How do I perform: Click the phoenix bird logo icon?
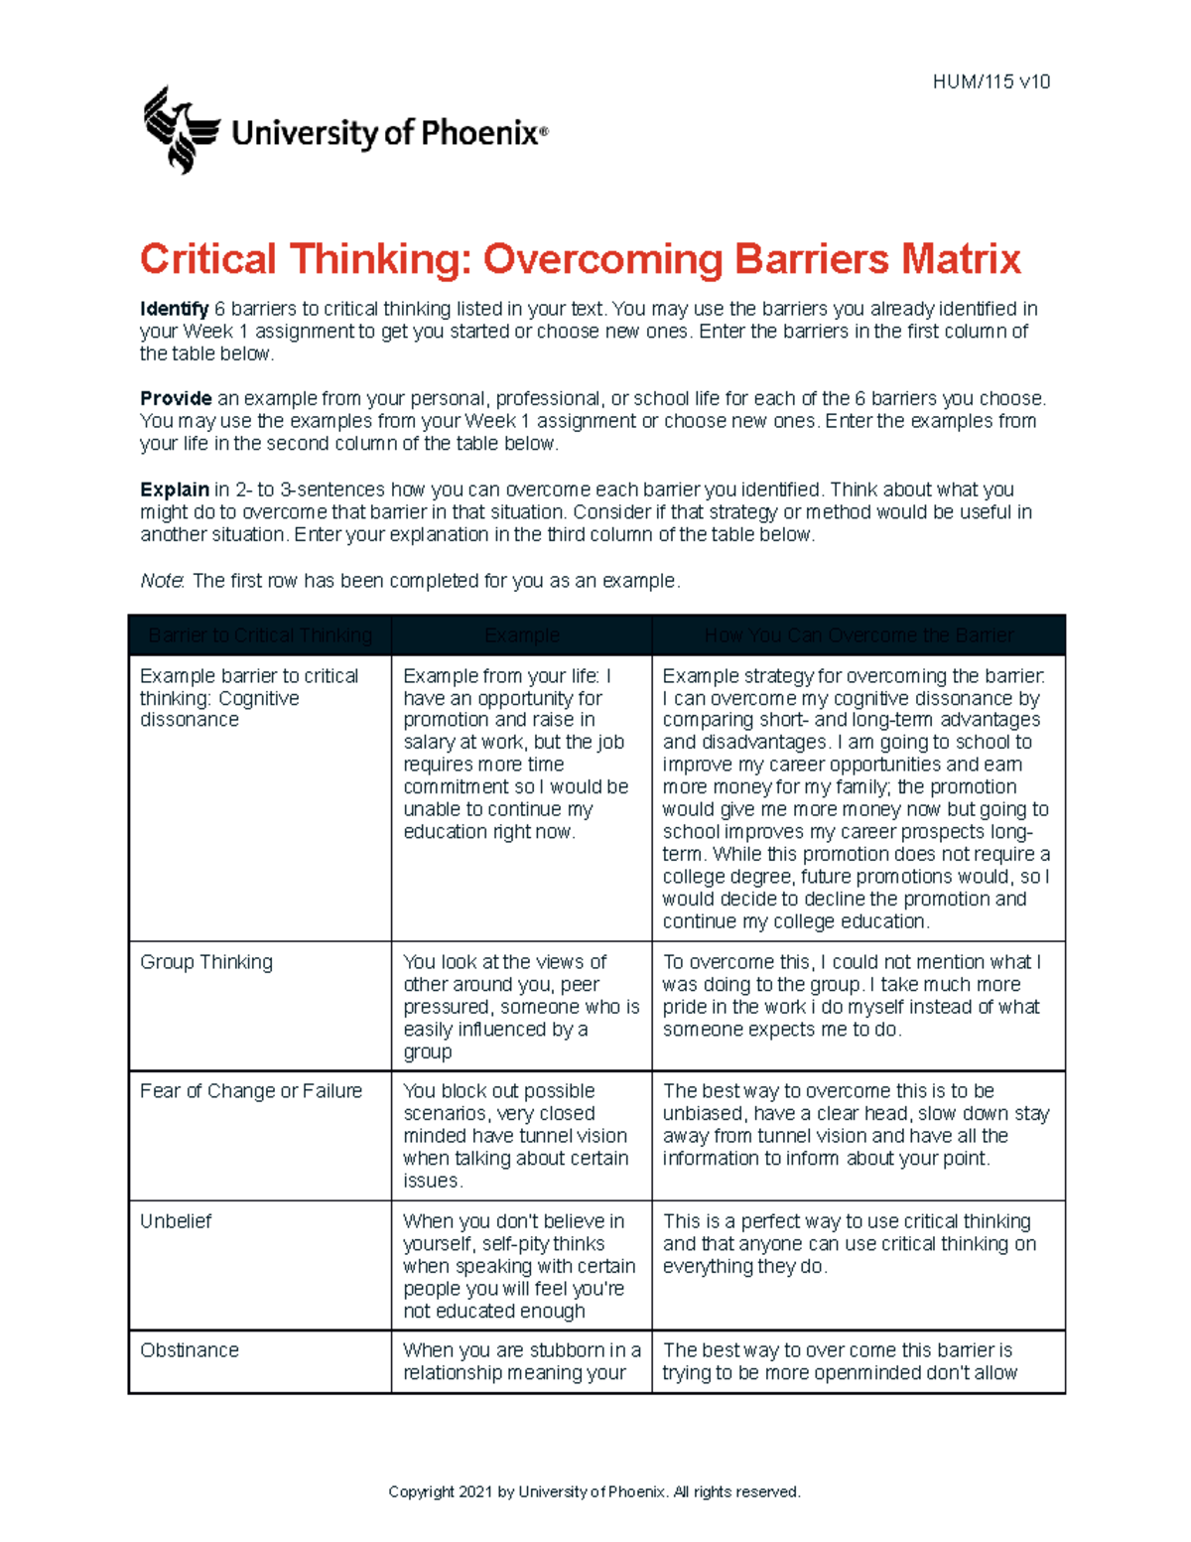tap(180, 130)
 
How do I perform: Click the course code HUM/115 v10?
tap(991, 82)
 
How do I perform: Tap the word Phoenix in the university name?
tap(479, 133)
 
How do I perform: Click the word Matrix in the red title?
tap(960, 259)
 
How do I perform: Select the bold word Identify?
tap(174, 309)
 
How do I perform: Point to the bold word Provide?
tap(176, 398)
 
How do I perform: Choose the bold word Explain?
tap(174, 490)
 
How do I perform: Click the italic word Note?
tap(161, 581)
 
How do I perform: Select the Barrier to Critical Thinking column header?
tap(260, 635)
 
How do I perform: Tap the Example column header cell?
tap(522, 635)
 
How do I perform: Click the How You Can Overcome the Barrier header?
tap(859, 635)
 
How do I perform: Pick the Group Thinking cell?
tap(206, 962)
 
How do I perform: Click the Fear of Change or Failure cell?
tap(251, 1091)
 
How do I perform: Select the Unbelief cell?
tap(176, 1221)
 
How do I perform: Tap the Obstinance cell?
tap(190, 1350)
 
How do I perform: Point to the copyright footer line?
tap(594, 1491)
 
